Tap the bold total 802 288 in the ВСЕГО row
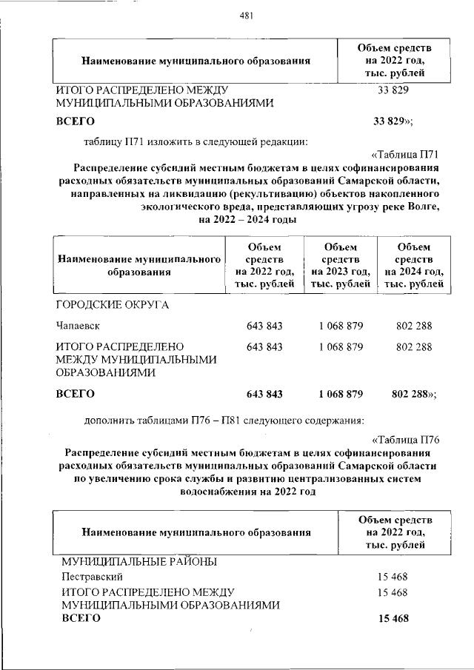point(412,394)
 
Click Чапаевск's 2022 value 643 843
point(264,326)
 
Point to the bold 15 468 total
point(393,619)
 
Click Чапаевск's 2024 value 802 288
point(415,326)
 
